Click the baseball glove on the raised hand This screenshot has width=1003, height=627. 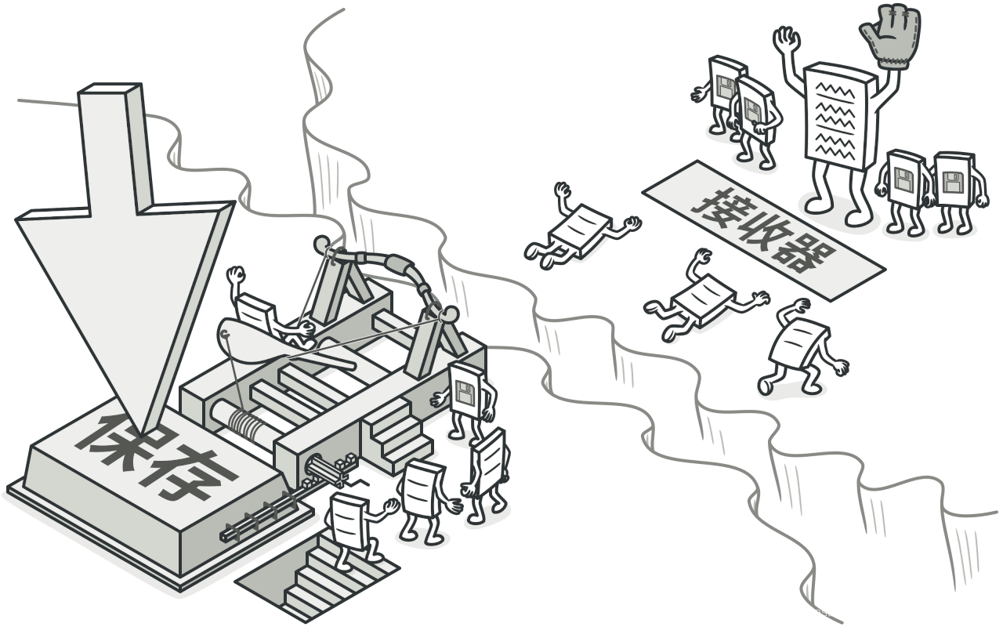click(x=889, y=30)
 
